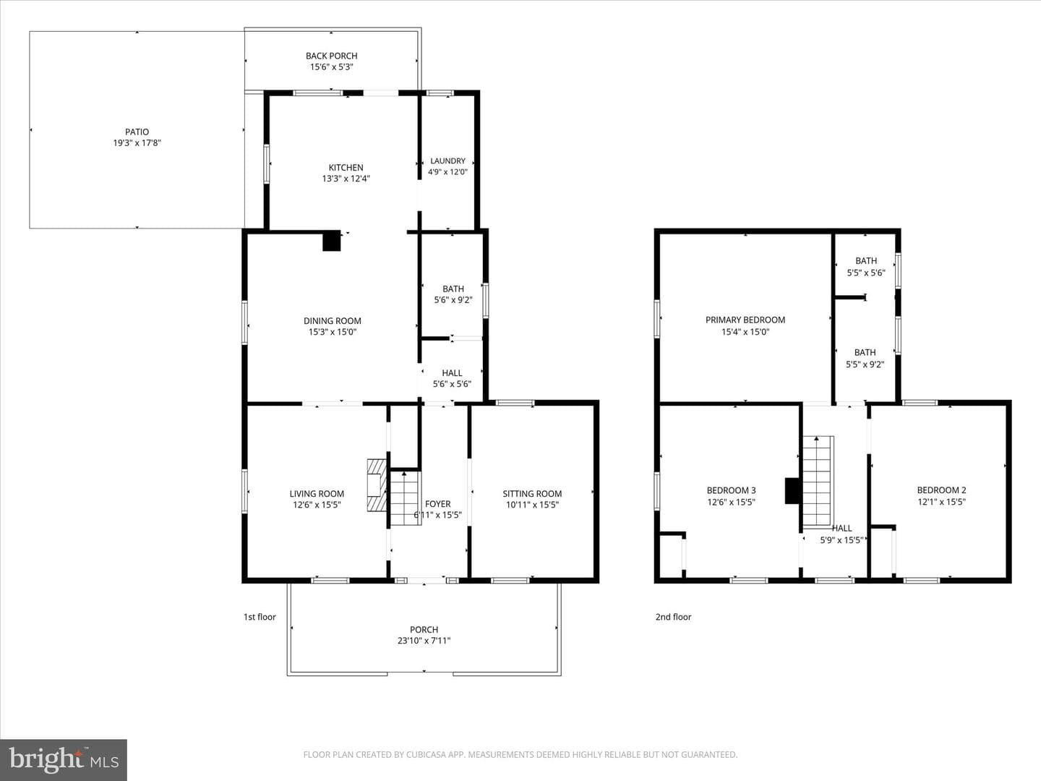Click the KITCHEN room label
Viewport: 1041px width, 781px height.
click(x=346, y=167)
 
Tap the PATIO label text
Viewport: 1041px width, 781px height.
click(x=137, y=132)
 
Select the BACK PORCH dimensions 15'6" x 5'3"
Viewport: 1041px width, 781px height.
click(x=332, y=67)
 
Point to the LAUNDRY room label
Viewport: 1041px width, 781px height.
click(x=447, y=161)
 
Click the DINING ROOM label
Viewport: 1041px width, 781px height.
click(x=332, y=320)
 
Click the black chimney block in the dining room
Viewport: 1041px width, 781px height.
click(x=332, y=240)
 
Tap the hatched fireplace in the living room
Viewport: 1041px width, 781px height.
click(x=377, y=485)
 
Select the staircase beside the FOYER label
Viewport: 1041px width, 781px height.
click(x=405, y=498)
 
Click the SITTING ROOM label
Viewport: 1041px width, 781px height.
click(x=532, y=494)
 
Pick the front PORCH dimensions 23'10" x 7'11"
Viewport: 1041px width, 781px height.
click(x=424, y=641)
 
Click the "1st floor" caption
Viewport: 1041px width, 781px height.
click(x=260, y=617)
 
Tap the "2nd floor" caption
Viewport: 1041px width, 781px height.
click(x=674, y=617)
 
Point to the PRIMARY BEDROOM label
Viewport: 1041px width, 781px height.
click(x=745, y=320)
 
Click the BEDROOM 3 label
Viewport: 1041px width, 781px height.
click(x=732, y=490)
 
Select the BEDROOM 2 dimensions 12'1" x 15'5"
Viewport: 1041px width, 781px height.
click(x=941, y=502)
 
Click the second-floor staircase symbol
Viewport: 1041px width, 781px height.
click(x=817, y=482)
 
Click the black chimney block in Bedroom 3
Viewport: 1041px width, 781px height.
click(x=793, y=491)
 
